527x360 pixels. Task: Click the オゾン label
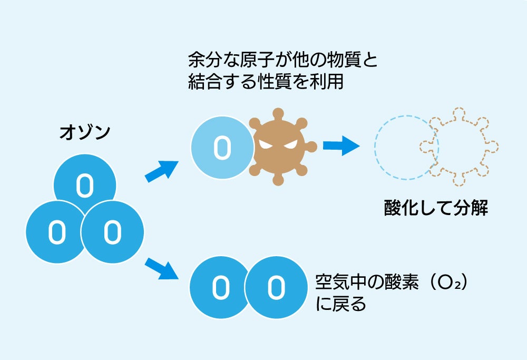point(85,132)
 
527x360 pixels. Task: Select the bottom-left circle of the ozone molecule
point(55,232)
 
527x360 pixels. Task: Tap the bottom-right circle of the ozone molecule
point(112,232)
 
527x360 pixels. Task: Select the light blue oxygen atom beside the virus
point(221,147)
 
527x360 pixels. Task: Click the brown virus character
point(279,148)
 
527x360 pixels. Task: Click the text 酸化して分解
point(436,209)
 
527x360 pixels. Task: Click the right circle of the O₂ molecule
point(276,287)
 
